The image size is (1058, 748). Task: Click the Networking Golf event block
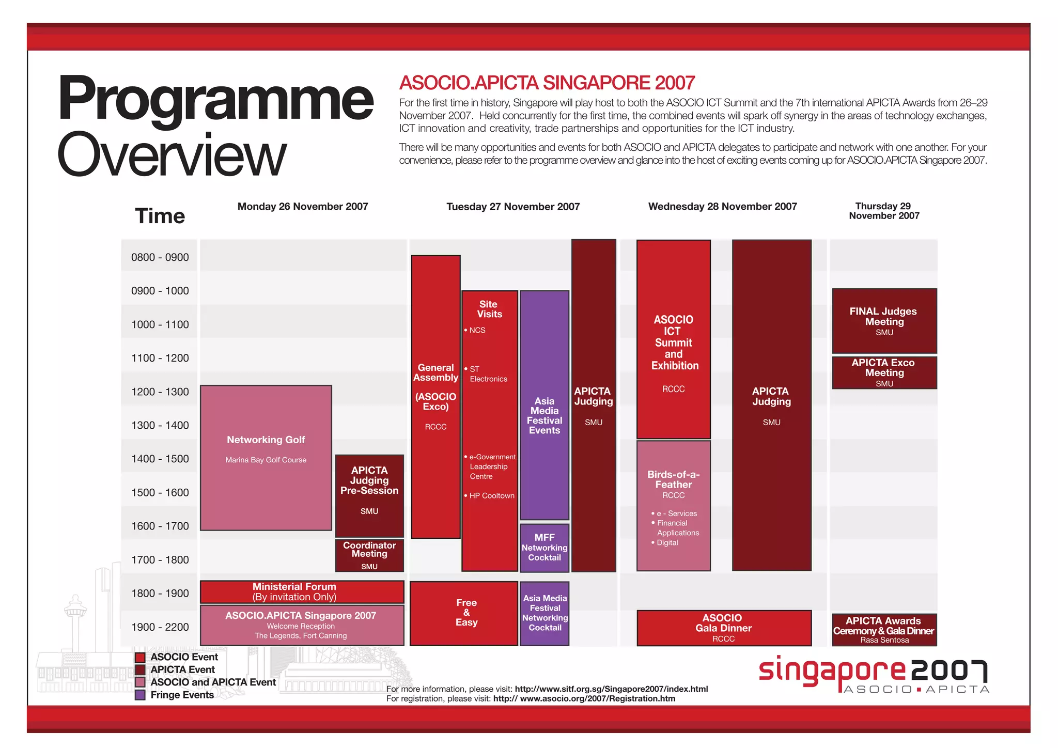266,457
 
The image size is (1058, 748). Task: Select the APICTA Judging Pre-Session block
369,495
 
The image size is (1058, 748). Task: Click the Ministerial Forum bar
302,592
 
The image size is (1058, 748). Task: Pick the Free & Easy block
464,613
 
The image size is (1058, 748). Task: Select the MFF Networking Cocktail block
544,548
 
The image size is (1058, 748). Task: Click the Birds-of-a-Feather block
673,505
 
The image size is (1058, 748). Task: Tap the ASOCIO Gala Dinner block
724,628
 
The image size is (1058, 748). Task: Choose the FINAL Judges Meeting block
884,321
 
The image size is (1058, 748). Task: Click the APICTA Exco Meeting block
884,372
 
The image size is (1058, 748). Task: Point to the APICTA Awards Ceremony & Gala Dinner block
884,629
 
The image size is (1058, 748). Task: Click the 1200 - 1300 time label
160,392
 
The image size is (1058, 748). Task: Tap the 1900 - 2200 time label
160,627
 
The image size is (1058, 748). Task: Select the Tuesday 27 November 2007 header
513,207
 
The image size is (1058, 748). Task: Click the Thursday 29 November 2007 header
884,211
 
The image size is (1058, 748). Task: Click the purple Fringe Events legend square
140,695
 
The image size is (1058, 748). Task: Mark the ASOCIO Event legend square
140,657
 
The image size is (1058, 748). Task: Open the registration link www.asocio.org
584,698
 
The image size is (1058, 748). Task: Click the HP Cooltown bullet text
491,495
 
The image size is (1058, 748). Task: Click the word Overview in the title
172,154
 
